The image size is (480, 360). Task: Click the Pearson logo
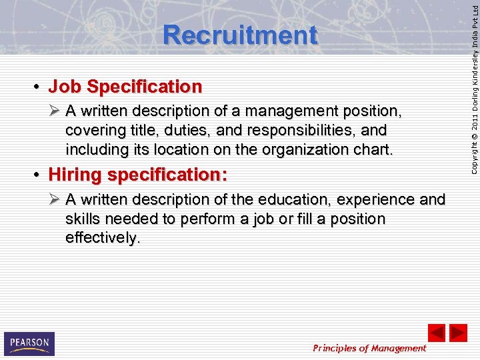[x=29, y=343]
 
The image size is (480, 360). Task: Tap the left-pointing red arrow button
[x=437, y=332]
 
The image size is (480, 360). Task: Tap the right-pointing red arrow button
[x=458, y=332]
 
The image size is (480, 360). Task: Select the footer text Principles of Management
[x=369, y=348]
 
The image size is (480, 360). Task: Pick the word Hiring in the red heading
[x=75, y=175]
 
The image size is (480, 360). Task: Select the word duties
[x=183, y=129]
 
